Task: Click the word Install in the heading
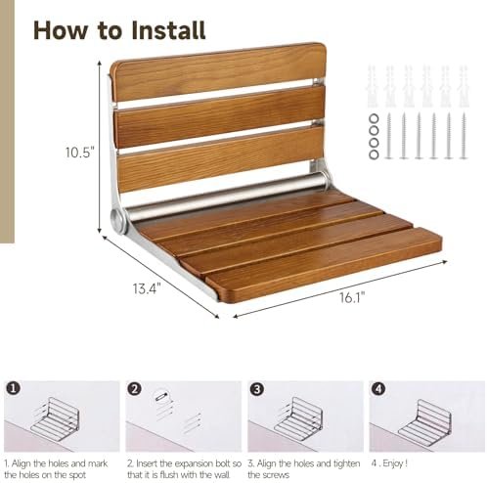[168, 30]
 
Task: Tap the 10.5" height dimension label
[80, 153]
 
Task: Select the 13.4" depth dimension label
[147, 288]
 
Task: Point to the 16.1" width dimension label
[352, 297]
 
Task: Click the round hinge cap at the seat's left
[117, 218]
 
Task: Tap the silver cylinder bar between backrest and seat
[225, 196]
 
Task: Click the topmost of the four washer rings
[374, 118]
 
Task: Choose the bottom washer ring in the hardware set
[374, 154]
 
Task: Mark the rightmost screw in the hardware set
[464, 136]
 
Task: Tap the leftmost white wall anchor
[373, 86]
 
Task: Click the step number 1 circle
[13, 388]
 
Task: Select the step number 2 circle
[134, 388]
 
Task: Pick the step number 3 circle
[257, 388]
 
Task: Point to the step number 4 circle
[378, 388]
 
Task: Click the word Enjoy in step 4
[393, 463]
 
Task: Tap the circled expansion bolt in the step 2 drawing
[162, 397]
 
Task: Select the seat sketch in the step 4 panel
[424, 422]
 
